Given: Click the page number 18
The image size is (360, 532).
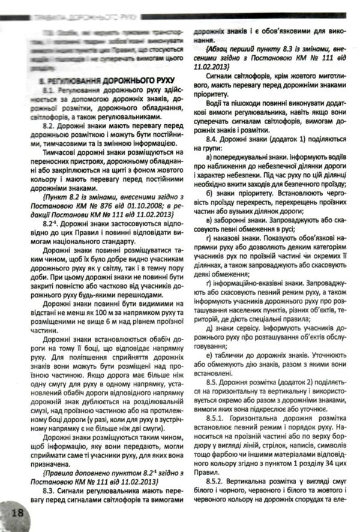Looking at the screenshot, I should pyautogui.click(x=16, y=515).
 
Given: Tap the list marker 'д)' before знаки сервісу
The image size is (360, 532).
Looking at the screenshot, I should pyautogui.click(x=209, y=329).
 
